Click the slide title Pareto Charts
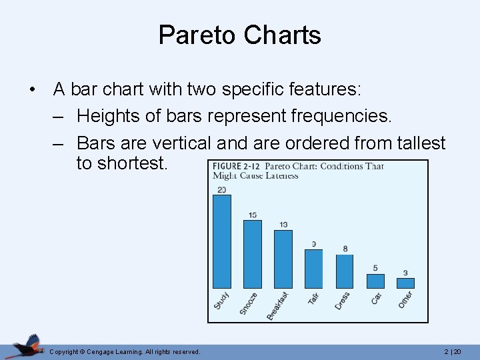tap(239, 35)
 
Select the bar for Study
tap(221, 241)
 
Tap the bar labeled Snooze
tap(253, 254)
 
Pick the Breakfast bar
tap(283, 259)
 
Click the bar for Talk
tap(313, 269)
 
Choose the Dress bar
tap(345, 271)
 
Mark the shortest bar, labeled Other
tap(405, 283)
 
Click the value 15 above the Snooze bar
tap(253, 215)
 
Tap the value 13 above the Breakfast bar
tap(283, 225)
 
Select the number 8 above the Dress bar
tap(345, 249)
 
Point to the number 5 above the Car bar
tap(375, 268)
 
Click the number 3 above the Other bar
tap(405, 273)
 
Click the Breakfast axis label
tap(278, 305)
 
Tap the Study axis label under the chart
tap(221, 301)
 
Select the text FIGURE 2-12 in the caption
tap(237, 166)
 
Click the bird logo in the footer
tap(25, 346)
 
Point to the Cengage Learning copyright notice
tap(125, 351)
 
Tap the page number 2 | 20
tap(452, 351)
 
